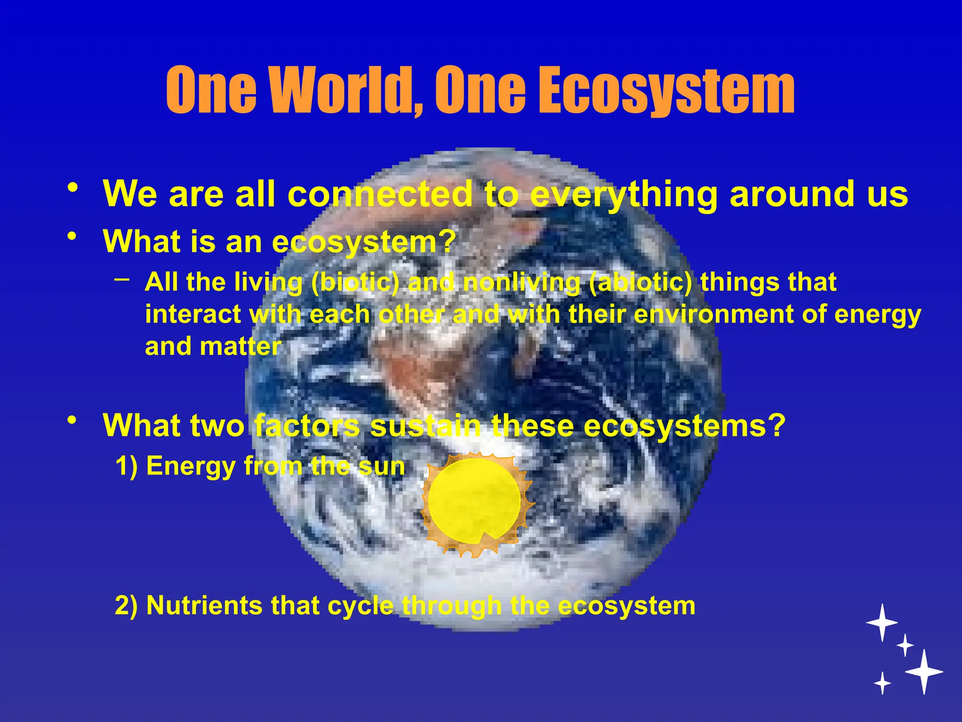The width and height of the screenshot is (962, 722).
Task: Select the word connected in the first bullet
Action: (380, 194)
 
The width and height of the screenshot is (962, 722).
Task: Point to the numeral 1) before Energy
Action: (126, 466)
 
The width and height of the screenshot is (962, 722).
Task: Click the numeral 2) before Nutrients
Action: (126, 605)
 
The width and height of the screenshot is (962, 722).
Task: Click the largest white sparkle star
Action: (924, 672)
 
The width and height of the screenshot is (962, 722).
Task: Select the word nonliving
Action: (521, 283)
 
